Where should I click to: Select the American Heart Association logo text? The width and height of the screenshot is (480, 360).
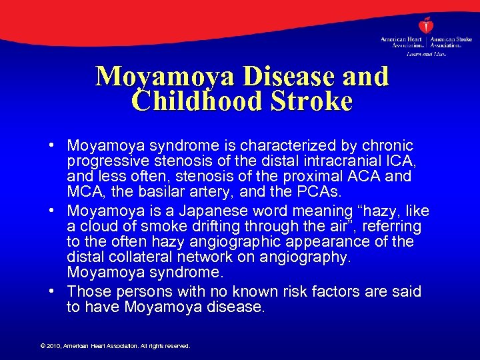[x=401, y=42]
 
